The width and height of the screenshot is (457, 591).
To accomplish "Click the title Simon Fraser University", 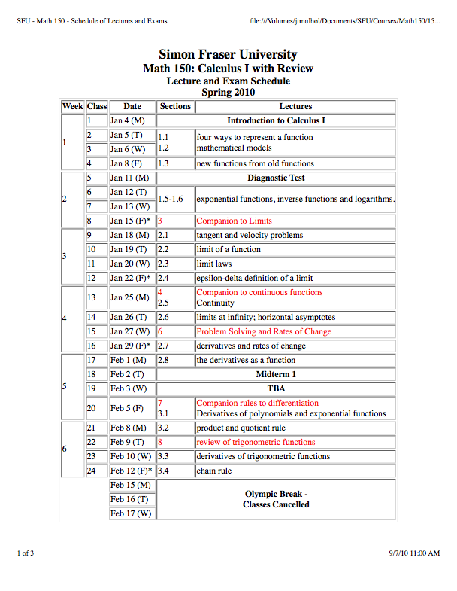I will [228, 54].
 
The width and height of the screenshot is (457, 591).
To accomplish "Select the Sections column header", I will [175, 106].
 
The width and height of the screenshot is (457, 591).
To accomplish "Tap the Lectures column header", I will [295, 106].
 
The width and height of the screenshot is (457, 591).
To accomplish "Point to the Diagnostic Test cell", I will [276, 178].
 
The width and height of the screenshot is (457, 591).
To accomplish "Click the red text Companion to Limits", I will [234, 221].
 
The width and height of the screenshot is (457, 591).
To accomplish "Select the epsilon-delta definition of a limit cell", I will [254, 279].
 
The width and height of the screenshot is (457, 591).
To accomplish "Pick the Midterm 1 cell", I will [276, 374].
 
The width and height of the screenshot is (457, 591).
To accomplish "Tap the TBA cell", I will [276, 388].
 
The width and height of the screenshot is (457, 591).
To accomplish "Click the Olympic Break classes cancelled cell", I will [276, 499].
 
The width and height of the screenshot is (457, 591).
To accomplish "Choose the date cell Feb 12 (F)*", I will [132, 471].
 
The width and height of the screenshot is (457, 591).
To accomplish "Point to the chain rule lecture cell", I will [213, 471].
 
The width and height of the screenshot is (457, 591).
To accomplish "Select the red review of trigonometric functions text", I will [256, 442].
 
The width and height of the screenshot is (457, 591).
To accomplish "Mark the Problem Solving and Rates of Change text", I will [263, 331].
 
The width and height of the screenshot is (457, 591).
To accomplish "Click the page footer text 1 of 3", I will [26, 553].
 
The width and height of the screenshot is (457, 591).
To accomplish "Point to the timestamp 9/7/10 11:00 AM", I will [414, 553].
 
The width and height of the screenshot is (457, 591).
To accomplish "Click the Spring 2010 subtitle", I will [228, 92].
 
